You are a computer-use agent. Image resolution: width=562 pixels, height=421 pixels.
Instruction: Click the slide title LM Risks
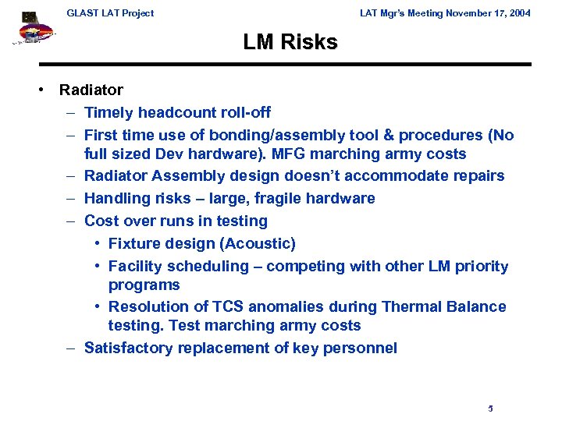click(x=290, y=42)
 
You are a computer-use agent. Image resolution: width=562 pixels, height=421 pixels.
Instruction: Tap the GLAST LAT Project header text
click(x=110, y=12)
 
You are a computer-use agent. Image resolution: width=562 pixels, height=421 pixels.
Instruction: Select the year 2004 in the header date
click(x=518, y=12)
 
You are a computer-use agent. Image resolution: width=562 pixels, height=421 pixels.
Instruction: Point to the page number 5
click(x=490, y=408)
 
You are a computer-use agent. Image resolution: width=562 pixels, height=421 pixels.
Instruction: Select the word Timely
click(x=108, y=113)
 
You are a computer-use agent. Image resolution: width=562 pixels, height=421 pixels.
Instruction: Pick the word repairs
click(x=475, y=175)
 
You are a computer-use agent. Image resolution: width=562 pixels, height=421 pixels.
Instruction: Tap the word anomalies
click(x=293, y=306)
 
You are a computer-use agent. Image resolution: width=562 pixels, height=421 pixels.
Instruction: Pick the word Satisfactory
click(x=128, y=348)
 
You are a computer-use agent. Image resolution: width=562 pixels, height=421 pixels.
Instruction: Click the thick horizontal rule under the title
click(x=284, y=65)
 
